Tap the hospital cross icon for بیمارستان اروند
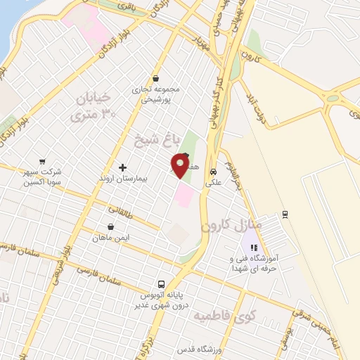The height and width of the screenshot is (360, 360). point(123,167)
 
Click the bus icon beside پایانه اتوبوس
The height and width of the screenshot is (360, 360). point(162,285)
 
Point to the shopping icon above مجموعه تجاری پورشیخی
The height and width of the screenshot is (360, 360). point(155,79)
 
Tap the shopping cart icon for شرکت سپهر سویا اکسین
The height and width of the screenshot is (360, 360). point(43,161)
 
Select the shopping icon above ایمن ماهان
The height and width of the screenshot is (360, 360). point(111,226)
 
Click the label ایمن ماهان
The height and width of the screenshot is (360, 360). point(111,238)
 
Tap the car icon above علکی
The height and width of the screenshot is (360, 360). point(213,171)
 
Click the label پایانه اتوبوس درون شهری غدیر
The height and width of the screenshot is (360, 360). point(162,301)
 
